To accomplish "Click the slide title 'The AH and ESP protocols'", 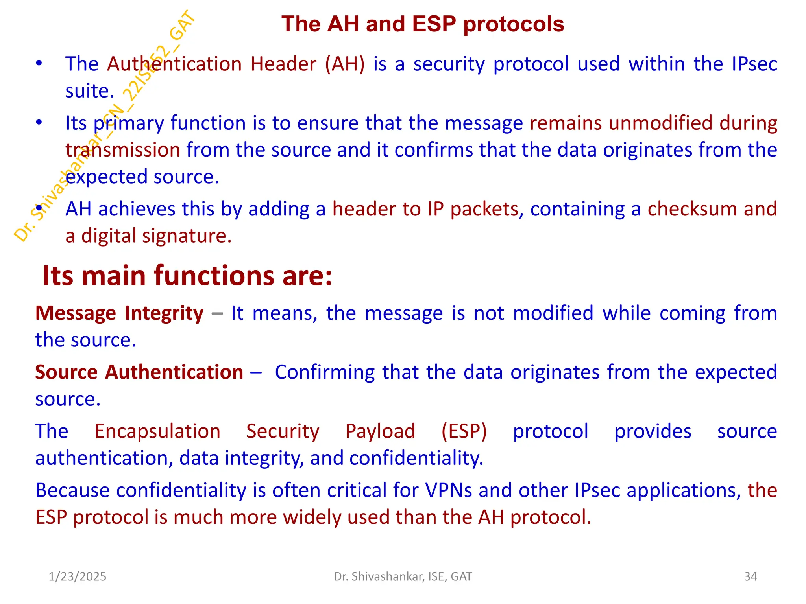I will pos(423,24).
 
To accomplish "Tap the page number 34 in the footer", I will pos(750,576).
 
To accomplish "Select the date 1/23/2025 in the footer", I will pos(78,576).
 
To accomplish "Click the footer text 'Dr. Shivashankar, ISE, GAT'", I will pos(403,576).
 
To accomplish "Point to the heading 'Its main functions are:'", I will pos(187,276).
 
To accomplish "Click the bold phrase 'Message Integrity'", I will pos(119,313).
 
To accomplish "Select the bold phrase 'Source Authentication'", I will pos(139,372).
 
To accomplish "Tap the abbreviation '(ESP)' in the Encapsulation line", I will pos(464,431).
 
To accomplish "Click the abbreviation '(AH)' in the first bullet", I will pos(345,64).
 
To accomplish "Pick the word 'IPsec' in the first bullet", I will pos(754,64).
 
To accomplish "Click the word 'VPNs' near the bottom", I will pos(448,490).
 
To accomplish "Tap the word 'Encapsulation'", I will pos(157,431).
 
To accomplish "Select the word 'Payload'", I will pos(380,431).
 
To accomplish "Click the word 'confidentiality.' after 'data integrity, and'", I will pos(416,459).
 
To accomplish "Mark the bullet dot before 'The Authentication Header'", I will pos(39,64).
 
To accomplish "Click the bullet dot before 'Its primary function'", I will pos(39,123).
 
